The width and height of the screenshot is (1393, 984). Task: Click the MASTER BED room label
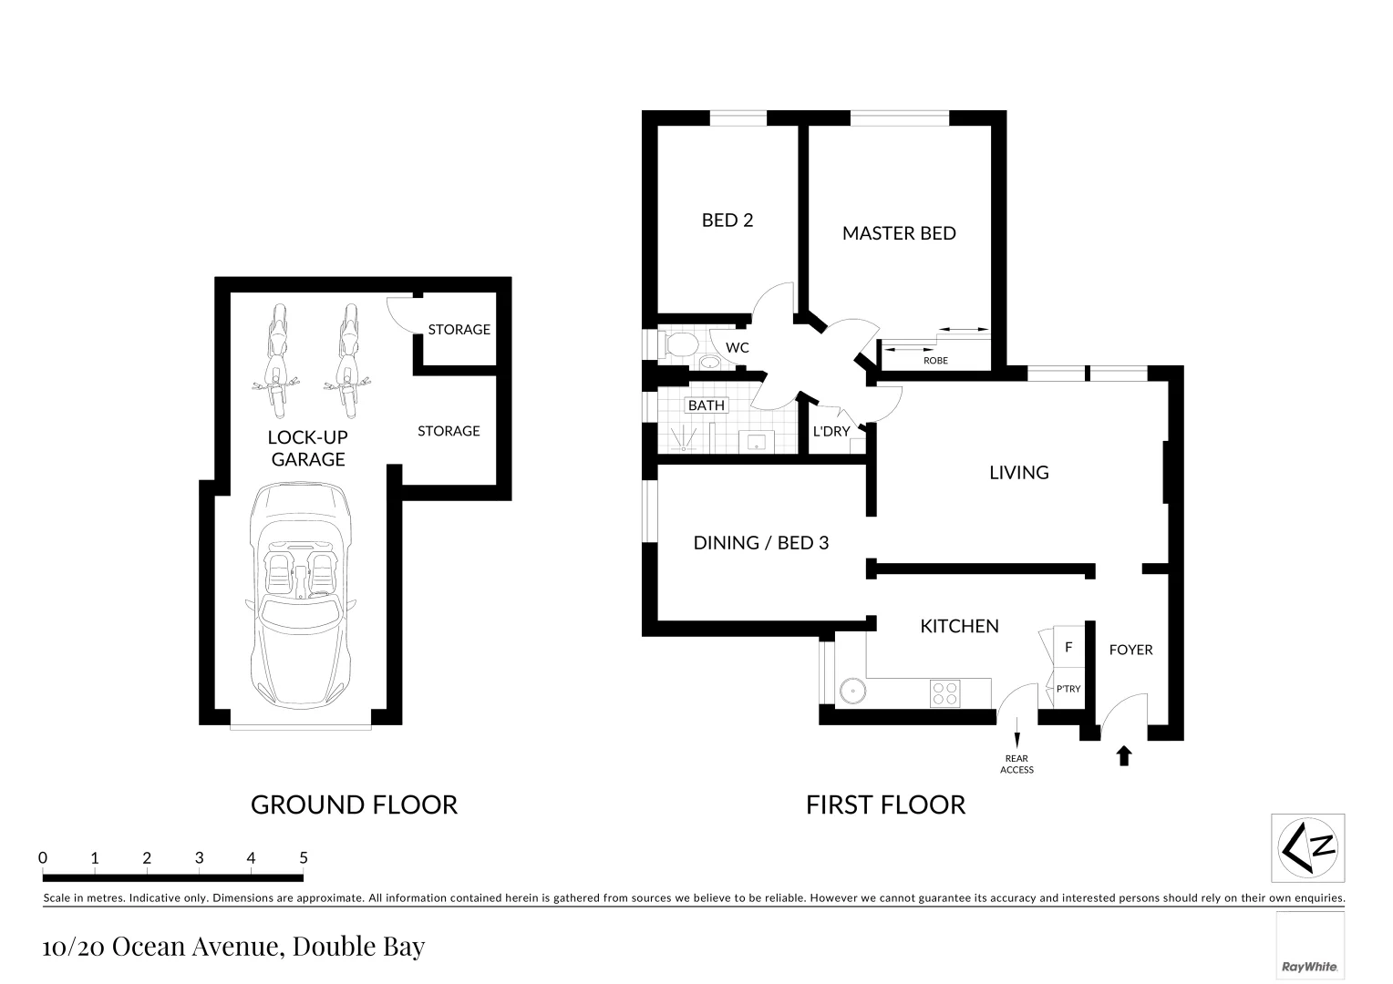pyautogui.click(x=898, y=233)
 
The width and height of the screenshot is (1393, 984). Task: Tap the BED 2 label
pyautogui.click(x=727, y=220)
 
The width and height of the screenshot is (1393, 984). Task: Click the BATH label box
pyautogui.click(x=707, y=405)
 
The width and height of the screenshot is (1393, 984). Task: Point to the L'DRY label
pyautogui.click(x=831, y=431)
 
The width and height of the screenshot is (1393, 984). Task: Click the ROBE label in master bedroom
pyautogui.click(x=935, y=361)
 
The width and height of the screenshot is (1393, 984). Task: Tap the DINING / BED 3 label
pyautogui.click(x=760, y=543)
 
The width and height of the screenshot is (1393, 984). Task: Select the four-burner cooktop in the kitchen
pyautogui.click(x=945, y=694)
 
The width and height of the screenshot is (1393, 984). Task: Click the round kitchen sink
pyautogui.click(x=852, y=691)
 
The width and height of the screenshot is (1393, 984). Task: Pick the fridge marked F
pyautogui.click(x=1068, y=648)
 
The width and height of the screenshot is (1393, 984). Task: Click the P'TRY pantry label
pyautogui.click(x=1068, y=689)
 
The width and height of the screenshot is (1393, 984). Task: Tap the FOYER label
pyautogui.click(x=1130, y=650)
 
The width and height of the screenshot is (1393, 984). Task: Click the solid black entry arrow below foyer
pyautogui.click(x=1124, y=755)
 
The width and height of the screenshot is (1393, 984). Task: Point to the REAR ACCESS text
pyautogui.click(x=1016, y=764)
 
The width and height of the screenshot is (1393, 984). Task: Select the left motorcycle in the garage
pyautogui.click(x=276, y=357)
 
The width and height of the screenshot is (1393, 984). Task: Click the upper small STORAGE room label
pyautogui.click(x=459, y=330)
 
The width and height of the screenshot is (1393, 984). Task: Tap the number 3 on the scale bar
pyautogui.click(x=199, y=858)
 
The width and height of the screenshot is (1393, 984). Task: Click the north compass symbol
pyautogui.click(x=1307, y=847)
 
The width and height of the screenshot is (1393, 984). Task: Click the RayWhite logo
pyautogui.click(x=1309, y=966)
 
